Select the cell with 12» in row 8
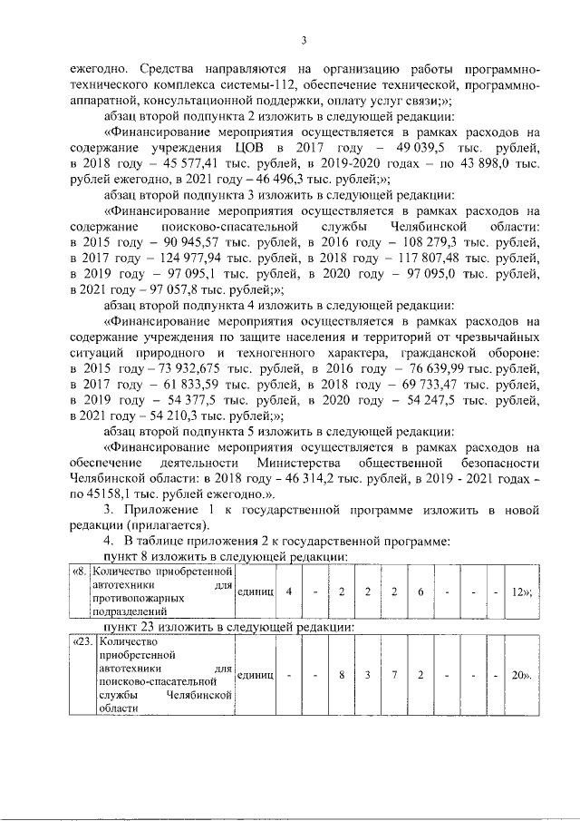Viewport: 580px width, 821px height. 520,591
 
